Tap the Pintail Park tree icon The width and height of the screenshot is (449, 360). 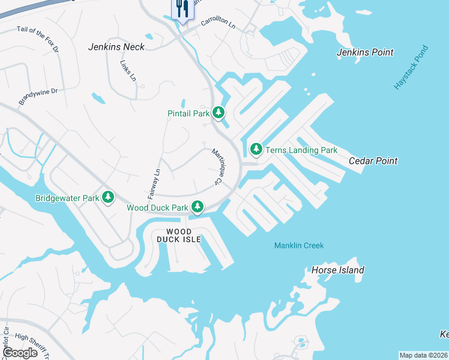[218, 112]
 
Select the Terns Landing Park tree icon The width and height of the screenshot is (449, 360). [256, 148]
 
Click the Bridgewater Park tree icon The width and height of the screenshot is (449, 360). [108, 197]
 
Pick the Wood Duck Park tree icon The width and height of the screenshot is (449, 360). [197, 207]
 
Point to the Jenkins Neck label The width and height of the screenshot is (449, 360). [116, 47]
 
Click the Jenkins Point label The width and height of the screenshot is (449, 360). [365, 52]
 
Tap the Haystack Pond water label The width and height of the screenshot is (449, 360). [412, 68]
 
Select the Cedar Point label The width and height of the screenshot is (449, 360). [373, 161]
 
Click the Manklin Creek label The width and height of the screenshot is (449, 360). [299, 245]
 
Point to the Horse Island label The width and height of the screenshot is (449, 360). [337, 270]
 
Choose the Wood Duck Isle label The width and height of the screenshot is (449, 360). [178, 235]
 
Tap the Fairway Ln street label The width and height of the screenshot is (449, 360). [155, 184]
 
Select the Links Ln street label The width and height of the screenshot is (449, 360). [128, 70]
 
